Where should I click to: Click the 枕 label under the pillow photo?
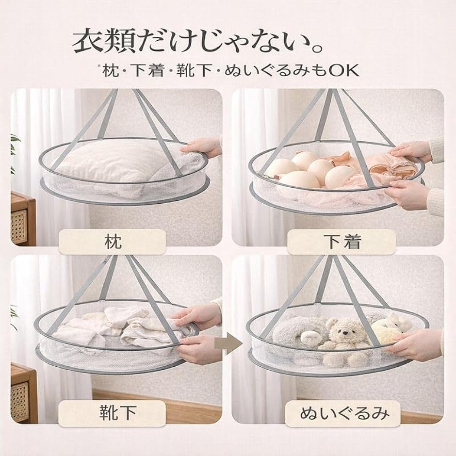click(x=112, y=242)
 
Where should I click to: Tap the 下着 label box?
click(x=342, y=242)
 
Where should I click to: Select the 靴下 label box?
click(x=112, y=413)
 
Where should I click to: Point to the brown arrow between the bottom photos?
click(x=228, y=344)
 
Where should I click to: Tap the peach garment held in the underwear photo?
click(x=390, y=166)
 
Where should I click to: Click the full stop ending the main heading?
click(x=316, y=49)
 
